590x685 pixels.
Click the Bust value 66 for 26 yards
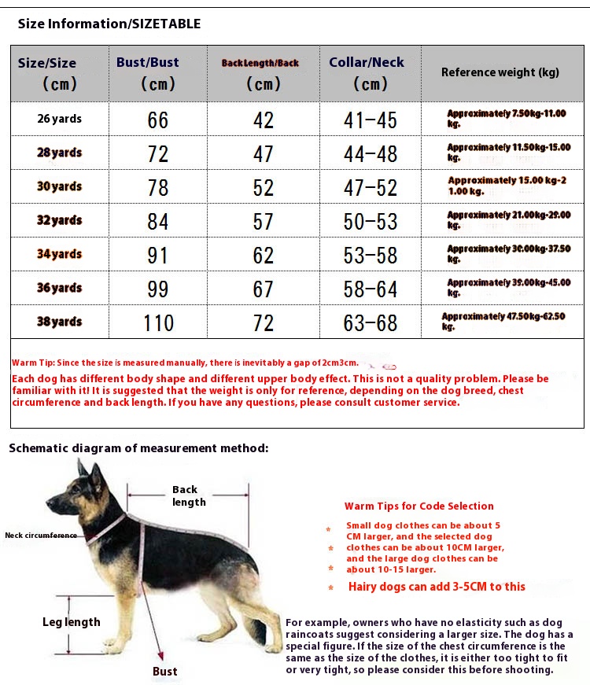click(x=158, y=120)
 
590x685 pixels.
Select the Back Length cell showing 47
click(x=263, y=154)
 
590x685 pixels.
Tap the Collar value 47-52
click(x=370, y=188)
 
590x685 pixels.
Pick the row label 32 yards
click(x=60, y=221)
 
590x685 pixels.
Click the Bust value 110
click(x=158, y=323)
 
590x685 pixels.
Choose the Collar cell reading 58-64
click(x=370, y=289)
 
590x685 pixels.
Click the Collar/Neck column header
click(x=367, y=72)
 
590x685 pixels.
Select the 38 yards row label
click(x=60, y=322)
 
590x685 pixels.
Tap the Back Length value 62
click(x=263, y=256)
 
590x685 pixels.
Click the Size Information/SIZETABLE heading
click(x=109, y=24)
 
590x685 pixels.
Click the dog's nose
click(x=49, y=501)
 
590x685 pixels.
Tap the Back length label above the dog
click(x=188, y=495)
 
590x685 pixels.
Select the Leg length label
click(x=72, y=622)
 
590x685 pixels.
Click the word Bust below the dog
click(x=165, y=671)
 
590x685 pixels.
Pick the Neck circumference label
click(x=41, y=535)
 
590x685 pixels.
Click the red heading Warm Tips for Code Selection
click(x=419, y=506)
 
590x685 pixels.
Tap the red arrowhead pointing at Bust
click(x=160, y=654)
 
